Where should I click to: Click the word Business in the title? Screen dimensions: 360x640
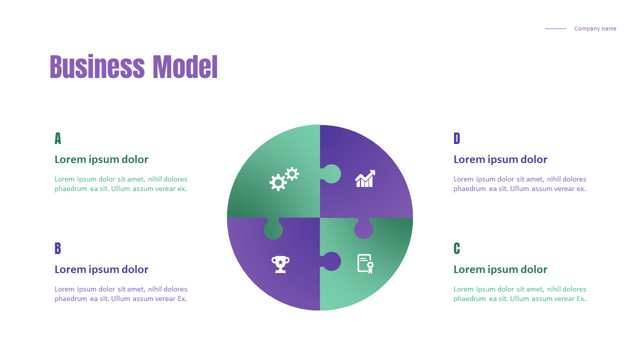97,67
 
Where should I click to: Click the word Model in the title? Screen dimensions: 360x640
185,67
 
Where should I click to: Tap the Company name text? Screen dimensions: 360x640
595,28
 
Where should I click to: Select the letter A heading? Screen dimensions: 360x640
57,138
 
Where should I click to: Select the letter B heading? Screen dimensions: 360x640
57,248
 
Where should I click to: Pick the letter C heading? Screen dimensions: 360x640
456,248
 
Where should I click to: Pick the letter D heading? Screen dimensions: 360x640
456,138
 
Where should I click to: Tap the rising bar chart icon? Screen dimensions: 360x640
365,179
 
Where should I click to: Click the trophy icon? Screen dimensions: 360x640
280,263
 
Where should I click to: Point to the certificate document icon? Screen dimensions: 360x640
365,263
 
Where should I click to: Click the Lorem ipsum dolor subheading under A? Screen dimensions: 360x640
101,159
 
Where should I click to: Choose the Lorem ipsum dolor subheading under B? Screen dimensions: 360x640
101,269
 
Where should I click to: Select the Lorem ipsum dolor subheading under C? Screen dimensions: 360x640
500,269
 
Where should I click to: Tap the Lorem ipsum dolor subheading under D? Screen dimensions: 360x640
500,159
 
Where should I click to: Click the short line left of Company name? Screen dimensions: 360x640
555,28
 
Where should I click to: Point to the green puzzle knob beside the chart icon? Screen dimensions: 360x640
331,174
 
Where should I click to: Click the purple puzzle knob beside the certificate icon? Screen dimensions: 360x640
331,261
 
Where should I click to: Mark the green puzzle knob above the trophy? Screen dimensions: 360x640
273,229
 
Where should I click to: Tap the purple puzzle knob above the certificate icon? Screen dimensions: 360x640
364,229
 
